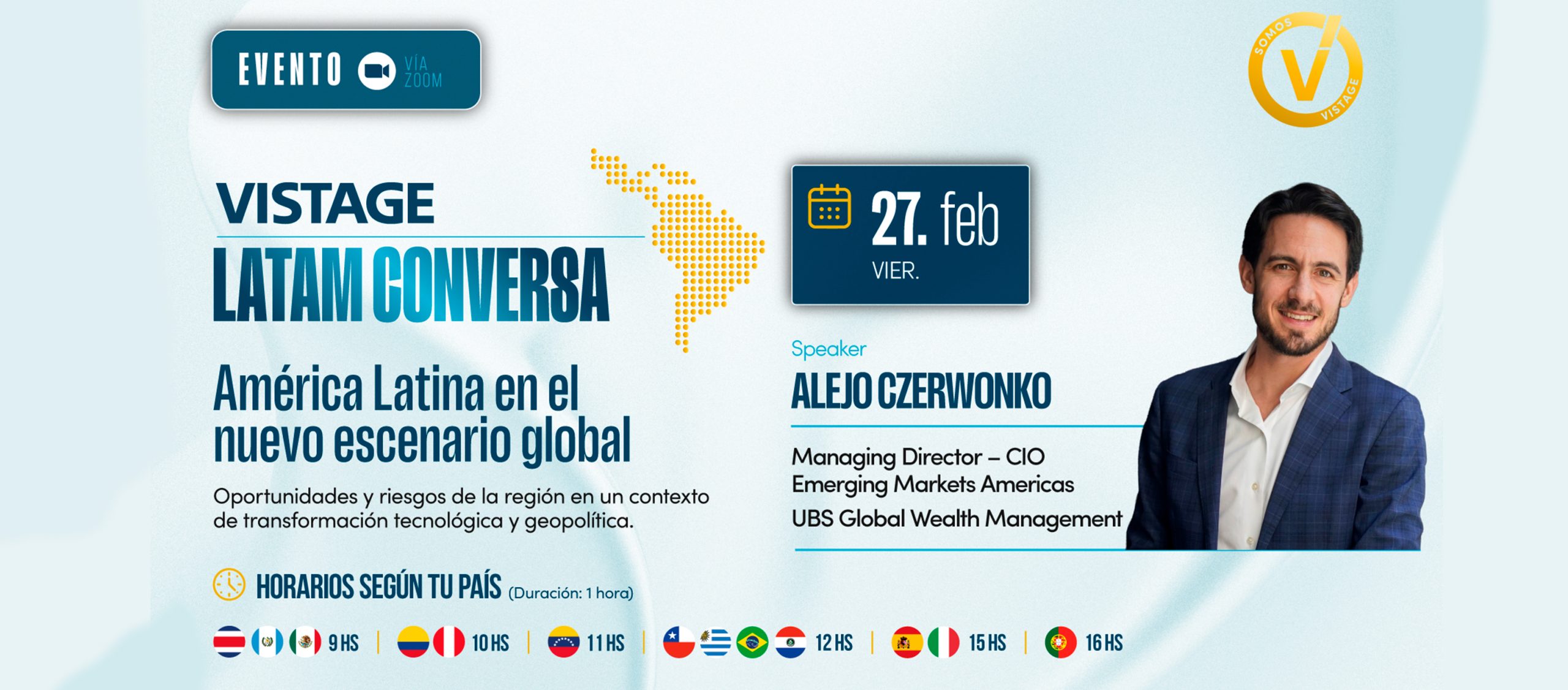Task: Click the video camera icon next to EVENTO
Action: (x=377, y=71)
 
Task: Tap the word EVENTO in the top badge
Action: (x=290, y=69)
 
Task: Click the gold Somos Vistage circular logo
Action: (x=1306, y=70)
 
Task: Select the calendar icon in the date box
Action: (x=829, y=207)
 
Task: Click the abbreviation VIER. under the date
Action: (x=895, y=271)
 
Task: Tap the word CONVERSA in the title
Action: (x=491, y=284)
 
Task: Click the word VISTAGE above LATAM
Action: (x=325, y=203)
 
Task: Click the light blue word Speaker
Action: (x=828, y=349)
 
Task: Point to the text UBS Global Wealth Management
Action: (x=957, y=519)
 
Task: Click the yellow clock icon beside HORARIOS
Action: (x=229, y=584)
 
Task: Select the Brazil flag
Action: (x=752, y=642)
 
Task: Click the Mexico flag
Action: (x=305, y=642)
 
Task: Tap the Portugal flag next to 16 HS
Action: (x=1060, y=642)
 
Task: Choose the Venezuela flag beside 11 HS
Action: (x=563, y=642)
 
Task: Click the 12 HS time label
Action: (x=834, y=643)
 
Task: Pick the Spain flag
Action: (x=907, y=642)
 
